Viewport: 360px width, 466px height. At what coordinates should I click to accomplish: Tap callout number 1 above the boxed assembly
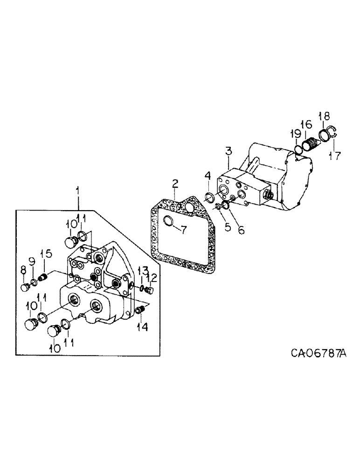tap(77, 191)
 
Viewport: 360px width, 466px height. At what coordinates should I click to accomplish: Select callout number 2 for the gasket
tap(174, 184)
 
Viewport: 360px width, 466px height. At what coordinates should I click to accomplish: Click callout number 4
tap(207, 177)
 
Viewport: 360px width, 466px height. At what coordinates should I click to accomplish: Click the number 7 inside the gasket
tap(183, 229)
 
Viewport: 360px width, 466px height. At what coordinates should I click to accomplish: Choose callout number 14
tap(142, 327)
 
